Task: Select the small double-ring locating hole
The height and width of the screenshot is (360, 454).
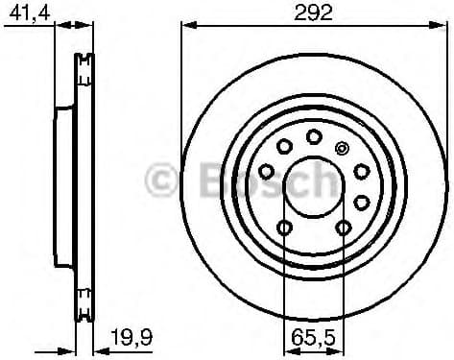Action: [344, 148]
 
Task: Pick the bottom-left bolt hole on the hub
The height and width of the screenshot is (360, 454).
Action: [284, 227]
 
